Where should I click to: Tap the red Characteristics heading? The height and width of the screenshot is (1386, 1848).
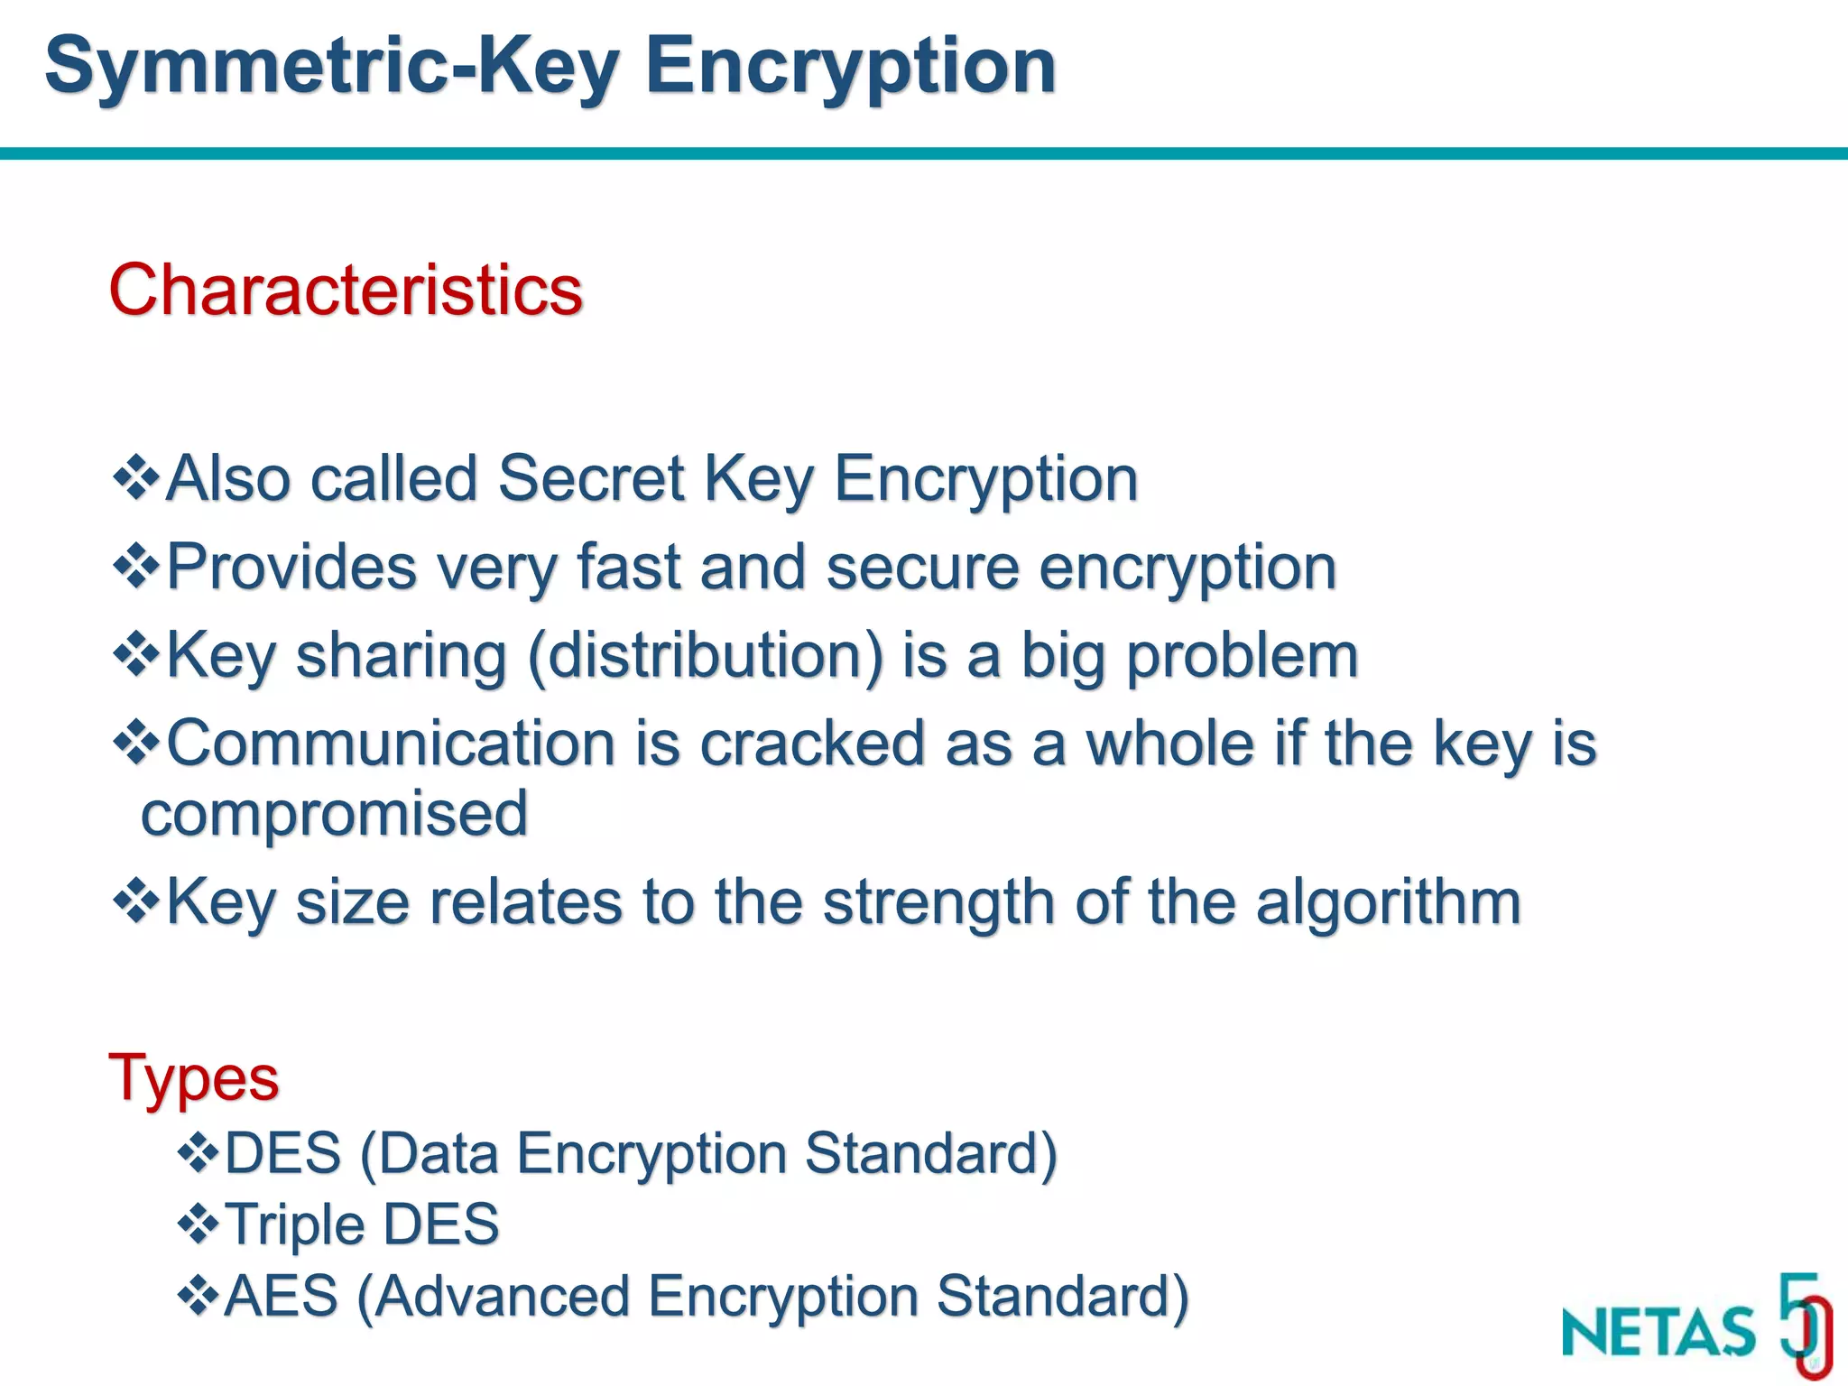tap(346, 291)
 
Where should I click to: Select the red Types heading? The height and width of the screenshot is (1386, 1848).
tap(193, 1077)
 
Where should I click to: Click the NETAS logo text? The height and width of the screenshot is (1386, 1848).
tap(1659, 1332)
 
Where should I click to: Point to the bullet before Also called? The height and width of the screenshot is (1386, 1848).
tap(136, 477)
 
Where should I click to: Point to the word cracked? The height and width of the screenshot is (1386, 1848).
tap(812, 744)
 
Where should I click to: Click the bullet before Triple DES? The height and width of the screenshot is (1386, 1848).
tap(199, 1224)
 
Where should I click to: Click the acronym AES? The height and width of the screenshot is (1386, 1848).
tap(281, 1296)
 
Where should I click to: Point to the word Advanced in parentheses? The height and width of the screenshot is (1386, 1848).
tap(502, 1296)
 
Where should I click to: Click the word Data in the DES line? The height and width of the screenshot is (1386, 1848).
tap(438, 1153)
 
